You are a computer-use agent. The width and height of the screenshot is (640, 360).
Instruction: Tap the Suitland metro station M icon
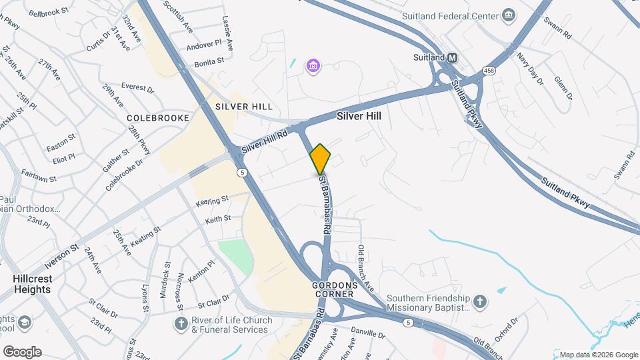point(453,58)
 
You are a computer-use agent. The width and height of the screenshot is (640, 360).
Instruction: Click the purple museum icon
point(313,66)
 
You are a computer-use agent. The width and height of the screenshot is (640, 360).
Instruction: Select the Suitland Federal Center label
point(449,15)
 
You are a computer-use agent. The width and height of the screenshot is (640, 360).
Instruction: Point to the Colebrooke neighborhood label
point(154,117)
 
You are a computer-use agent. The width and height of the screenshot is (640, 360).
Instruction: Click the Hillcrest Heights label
point(31,284)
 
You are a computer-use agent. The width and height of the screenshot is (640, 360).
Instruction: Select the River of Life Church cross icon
point(180,325)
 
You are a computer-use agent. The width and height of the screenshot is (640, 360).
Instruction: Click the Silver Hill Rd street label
point(264,141)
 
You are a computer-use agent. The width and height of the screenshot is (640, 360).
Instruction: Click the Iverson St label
point(62,251)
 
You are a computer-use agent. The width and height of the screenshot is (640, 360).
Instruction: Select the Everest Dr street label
point(137,87)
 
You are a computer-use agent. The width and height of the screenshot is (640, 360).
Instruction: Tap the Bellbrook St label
point(49,12)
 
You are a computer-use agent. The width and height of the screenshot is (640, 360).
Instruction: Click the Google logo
point(22,352)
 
